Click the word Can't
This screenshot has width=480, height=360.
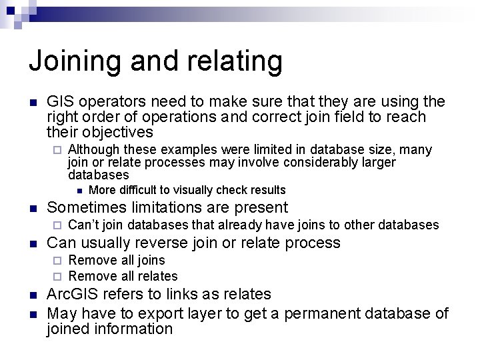click(x=83, y=225)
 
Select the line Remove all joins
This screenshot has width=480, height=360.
click(x=117, y=260)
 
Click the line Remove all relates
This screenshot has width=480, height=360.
click(x=123, y=276)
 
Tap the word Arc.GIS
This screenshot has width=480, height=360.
click(x=73, y=294)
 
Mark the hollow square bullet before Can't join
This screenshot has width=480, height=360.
click(x=57, y=225)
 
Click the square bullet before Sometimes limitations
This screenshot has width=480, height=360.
click(x=33, y=208)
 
